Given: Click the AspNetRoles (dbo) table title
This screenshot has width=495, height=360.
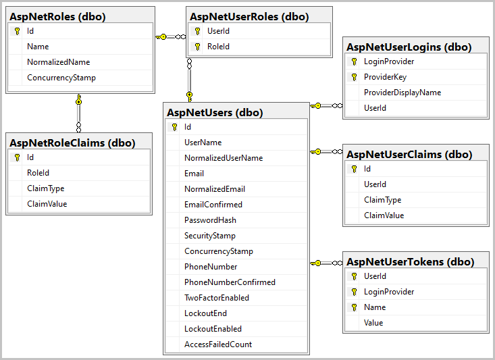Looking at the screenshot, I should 57,16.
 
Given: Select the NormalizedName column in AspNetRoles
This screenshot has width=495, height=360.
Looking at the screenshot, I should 58,62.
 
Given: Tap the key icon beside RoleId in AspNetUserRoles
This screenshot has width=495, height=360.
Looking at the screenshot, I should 197,47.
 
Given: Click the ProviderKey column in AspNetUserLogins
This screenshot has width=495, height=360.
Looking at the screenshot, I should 385,77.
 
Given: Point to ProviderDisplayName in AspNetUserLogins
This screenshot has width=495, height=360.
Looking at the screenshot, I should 402,93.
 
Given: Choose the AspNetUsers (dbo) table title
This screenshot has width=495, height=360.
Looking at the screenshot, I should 214,112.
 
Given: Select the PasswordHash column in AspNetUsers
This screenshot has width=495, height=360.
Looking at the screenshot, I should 210,220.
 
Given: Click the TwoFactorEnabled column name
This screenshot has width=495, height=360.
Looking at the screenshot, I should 216,298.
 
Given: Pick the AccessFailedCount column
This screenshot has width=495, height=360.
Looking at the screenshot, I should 218,344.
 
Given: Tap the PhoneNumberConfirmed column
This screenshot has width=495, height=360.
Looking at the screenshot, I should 230,282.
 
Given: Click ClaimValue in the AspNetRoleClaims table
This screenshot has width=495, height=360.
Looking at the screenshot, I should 47,204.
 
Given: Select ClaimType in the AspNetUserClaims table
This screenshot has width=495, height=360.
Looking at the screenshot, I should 382,200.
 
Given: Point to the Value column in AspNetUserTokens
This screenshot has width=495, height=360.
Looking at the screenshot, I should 373,323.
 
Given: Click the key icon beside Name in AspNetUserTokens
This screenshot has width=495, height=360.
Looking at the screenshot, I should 353,307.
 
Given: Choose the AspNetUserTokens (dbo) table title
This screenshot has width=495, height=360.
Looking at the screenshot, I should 410,261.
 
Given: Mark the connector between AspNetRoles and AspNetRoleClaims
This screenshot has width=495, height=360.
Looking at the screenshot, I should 79,113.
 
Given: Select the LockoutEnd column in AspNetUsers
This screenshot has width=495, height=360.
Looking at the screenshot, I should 205,313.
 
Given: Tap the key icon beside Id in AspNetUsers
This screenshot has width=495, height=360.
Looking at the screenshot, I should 174,127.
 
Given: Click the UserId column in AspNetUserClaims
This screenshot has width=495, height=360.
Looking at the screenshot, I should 375,184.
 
